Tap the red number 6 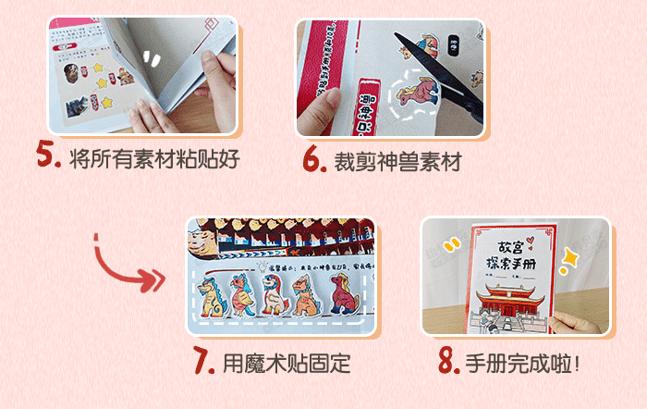point(314,159)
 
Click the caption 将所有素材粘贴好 point(153,158)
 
